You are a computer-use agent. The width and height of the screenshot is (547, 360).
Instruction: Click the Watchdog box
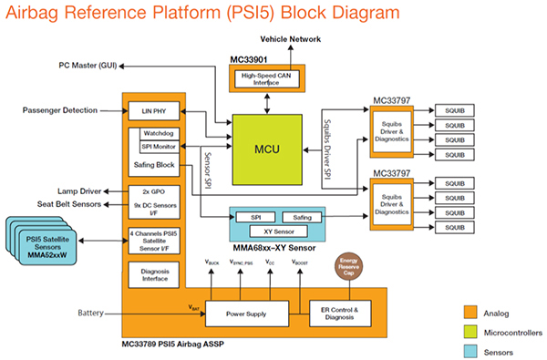click(x=160, y=132)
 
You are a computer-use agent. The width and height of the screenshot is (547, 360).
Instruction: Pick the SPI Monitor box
click(x=160, y=146)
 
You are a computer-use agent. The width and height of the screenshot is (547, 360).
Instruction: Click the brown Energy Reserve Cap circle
click(x=350, y=269)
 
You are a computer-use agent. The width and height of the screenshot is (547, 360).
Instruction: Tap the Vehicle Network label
click(x=290, y=41)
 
